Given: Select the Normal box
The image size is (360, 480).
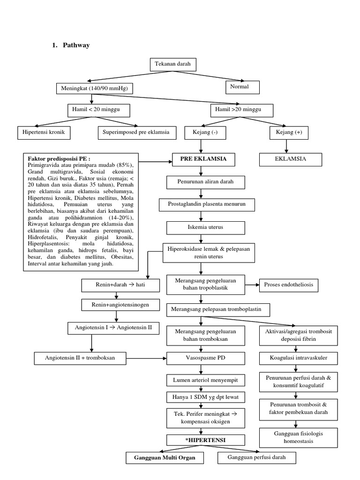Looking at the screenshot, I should pyautogui.click(x=242, y=87).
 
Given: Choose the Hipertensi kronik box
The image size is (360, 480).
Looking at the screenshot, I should pyautogui.click(x=44, y=133).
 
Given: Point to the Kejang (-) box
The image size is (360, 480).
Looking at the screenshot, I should pyautogui.click(x=206, y=133).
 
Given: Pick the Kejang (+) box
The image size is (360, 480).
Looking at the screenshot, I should pyautogui.click(x=292, y=133).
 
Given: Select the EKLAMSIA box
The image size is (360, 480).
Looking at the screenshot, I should pyautogui.click(x=291, y=159).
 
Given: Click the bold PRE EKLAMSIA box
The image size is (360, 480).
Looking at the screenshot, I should pyautogui.click(x=203, y=159).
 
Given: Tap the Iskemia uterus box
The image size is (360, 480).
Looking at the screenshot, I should pyautogui.click(x=206, y=228).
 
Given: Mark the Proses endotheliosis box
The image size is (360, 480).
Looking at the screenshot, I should pyautogui.click(x=291, y=285).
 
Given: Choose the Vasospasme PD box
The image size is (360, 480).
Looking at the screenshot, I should pyautogui.click(x=206, y=359).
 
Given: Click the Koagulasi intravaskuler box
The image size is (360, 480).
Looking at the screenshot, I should pyautogui.click(x=293, y=359).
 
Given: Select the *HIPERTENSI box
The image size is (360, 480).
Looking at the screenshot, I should pyautogui.click(x=206, y=440).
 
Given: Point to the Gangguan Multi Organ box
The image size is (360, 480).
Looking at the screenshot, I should pyautogui.click(x=165, y=457).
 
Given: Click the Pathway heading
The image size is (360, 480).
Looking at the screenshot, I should pyautogui.click(x=75, y=45).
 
